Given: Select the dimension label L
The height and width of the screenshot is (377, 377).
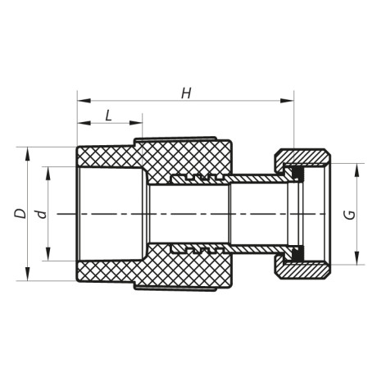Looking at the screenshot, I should pyautogui.click(x=109, y=115).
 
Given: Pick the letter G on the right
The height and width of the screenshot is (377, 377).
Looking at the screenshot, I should pyautogui.click(x=349, y=215).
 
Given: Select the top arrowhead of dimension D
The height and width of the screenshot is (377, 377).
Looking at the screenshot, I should pyautogui.click(x=30, y=152).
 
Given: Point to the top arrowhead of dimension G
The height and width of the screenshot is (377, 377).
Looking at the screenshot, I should pyautogui.click(x=358, y=167).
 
